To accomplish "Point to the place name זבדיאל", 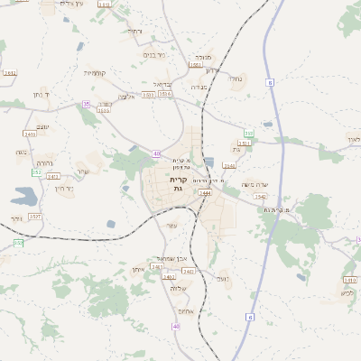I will (162, 85).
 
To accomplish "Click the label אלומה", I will (126, 97).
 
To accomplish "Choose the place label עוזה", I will (172, 225).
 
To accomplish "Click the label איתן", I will (137, 269).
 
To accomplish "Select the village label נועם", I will (223, 280).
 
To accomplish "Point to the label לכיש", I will (347, 292).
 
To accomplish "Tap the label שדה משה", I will (255, 184).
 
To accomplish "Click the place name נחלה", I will (236, 79).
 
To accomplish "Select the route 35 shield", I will (86, 104).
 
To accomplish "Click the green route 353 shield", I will (248, 134).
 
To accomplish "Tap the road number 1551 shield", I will (195, 65).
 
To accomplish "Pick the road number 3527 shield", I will (35, 217).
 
